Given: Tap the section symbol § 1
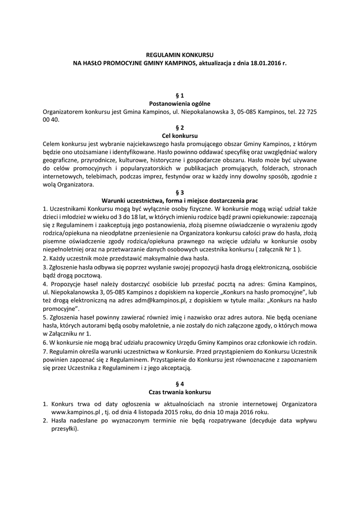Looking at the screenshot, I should pos(180,95).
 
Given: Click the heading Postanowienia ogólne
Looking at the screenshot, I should pos(180,104).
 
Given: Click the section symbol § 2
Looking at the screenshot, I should pos(180,127).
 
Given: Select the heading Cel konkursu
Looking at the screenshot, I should pos(180,135).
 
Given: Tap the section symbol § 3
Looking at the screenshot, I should pos(180,192).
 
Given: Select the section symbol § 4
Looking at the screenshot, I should pos(180,383).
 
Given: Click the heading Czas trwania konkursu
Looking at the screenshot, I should pos(180,392).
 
